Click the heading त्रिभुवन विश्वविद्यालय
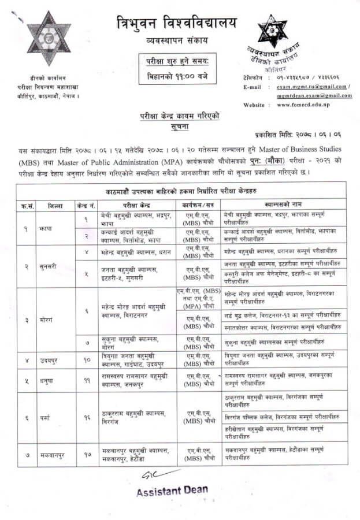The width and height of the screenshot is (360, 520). pos(176,23)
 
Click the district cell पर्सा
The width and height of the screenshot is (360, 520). pos(46,417)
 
